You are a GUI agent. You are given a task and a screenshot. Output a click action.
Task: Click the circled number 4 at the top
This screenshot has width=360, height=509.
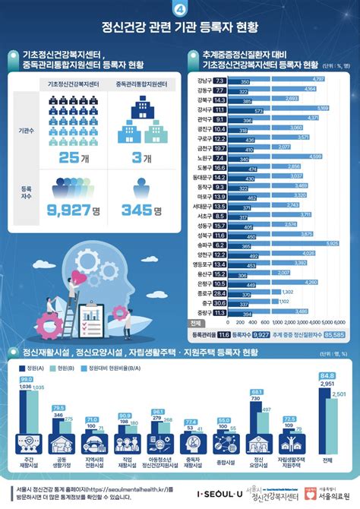[x=179, y=9]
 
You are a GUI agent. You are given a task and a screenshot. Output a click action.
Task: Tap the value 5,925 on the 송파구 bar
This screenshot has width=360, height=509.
[x=332, y=242]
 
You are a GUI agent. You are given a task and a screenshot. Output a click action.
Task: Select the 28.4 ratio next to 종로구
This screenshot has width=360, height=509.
[x=220, y=292]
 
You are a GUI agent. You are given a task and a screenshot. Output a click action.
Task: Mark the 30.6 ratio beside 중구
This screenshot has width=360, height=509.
[x=220, y=302]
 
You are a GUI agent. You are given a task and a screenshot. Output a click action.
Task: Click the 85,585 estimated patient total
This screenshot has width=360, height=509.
[x=333, y=333]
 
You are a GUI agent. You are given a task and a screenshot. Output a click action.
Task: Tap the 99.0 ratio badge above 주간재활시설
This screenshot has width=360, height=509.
[x=27, y=379]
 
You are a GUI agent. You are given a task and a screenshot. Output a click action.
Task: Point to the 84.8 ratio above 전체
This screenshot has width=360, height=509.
[x=327, y=375]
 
